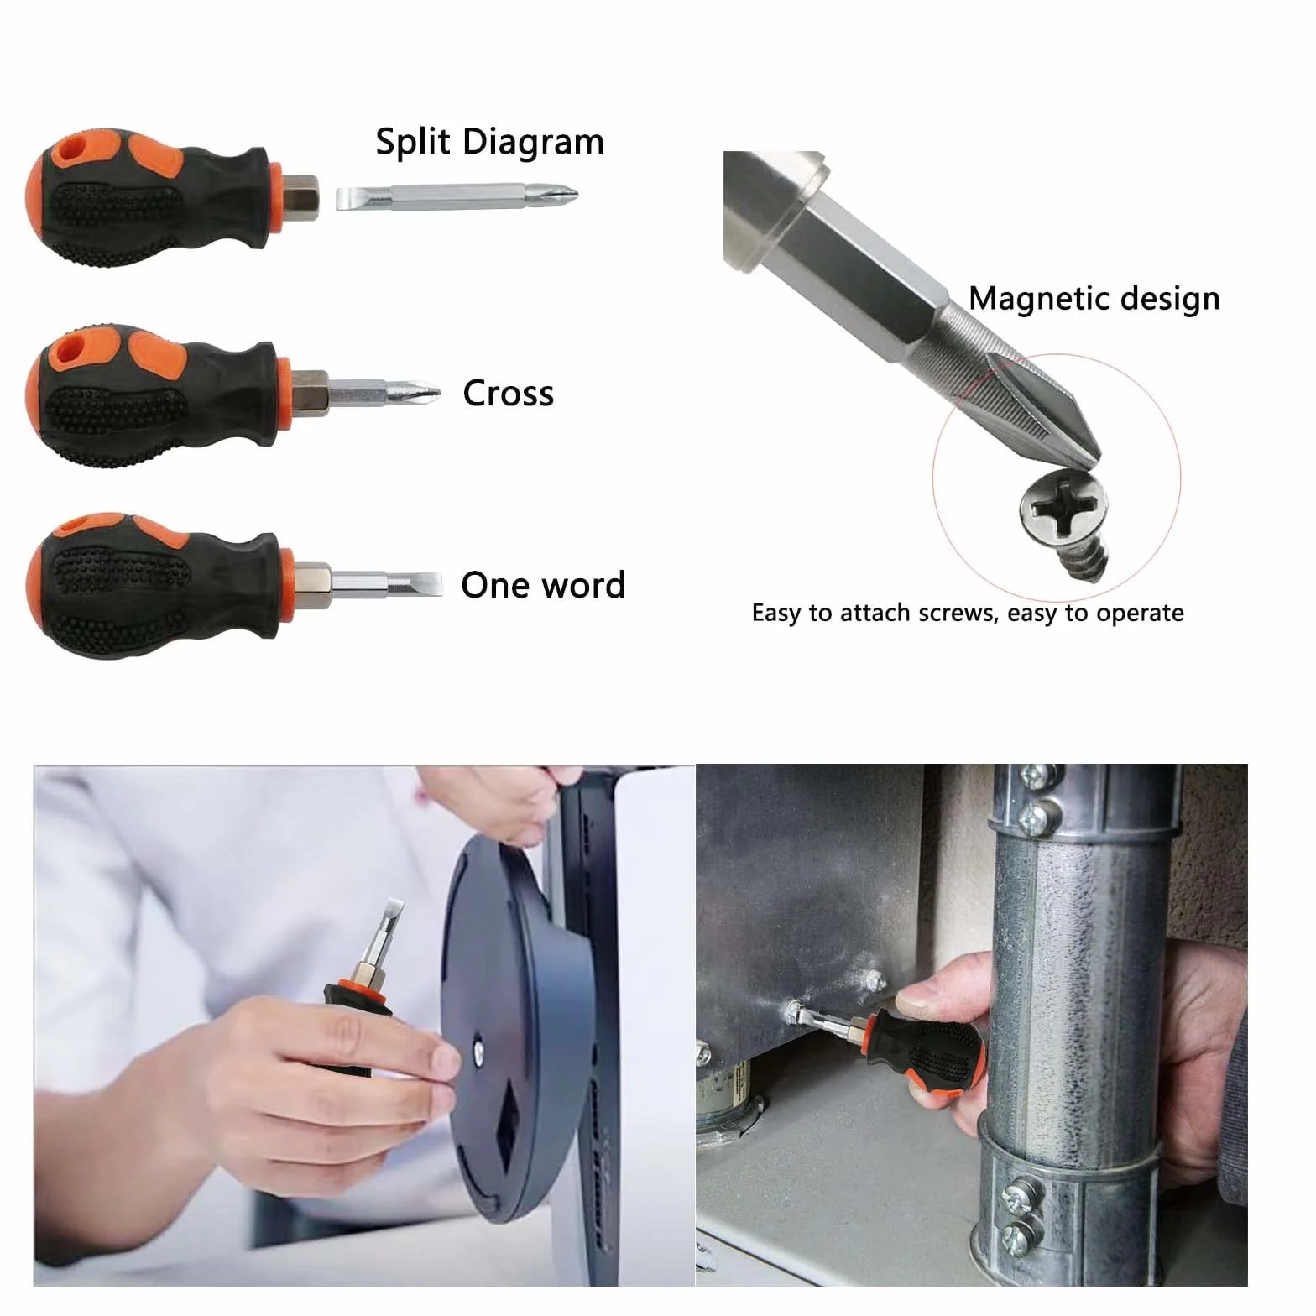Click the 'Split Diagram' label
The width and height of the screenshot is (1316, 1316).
(x=489, y=143)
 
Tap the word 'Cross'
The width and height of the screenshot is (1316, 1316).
(x=509, y=394)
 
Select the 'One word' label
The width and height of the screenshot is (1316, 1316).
(x=543, y=585)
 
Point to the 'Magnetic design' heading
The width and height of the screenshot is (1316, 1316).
(x=1094, y=299)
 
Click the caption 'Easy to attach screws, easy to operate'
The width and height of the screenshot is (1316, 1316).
(x=968, y=613)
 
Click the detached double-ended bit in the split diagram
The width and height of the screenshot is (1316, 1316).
(x=458, y=198)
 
